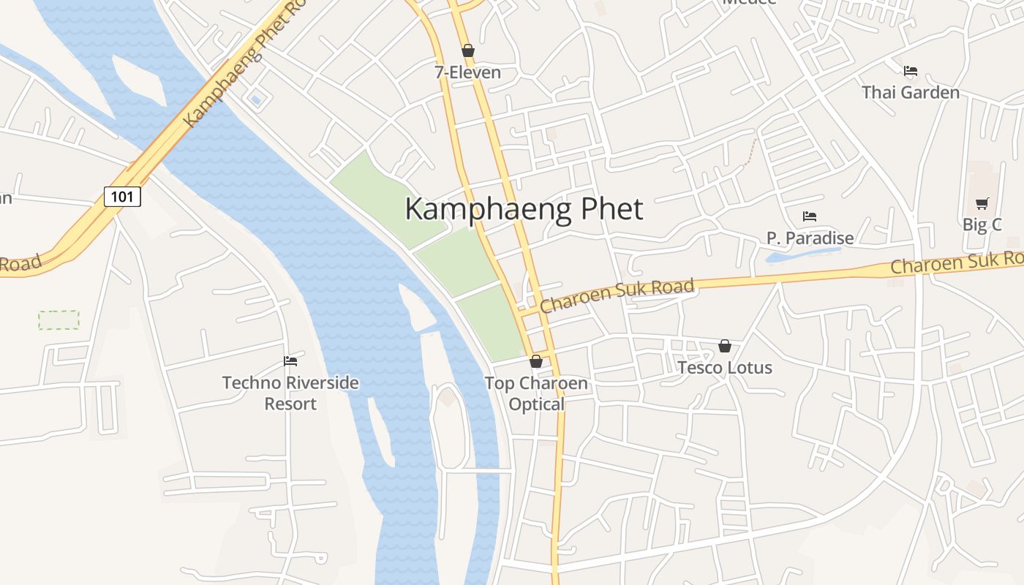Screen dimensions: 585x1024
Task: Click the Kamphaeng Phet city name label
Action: click(524, 209)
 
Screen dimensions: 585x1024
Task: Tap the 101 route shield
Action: click(122, 196)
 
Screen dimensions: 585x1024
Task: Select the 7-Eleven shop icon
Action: click(468, 50)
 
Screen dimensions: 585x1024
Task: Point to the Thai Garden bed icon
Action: click(911, 71)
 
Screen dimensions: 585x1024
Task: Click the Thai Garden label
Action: click(910, 92)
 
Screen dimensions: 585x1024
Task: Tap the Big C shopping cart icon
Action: click(982, 203)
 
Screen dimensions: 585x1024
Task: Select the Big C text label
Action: click(982, 224)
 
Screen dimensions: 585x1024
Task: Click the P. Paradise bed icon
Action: click(810, 216)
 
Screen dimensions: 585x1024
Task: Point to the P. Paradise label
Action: click(810, 238)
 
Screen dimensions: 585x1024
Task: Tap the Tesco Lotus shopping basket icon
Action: click(725, 346)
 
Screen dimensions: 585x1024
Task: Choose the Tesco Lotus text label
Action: click(725, 367)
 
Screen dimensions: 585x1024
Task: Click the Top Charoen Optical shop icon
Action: click(536, 361)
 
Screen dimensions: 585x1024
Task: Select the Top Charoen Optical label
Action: click(536, 393)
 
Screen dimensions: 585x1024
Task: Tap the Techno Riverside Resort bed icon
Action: click(290, 361)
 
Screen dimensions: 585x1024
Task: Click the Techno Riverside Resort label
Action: click(290, 393)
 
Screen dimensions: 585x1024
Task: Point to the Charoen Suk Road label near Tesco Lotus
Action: click(617, 295)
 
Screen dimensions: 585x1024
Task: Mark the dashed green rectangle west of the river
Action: click(59, 320)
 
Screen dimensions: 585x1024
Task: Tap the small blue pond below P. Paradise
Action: click(802, 255)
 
